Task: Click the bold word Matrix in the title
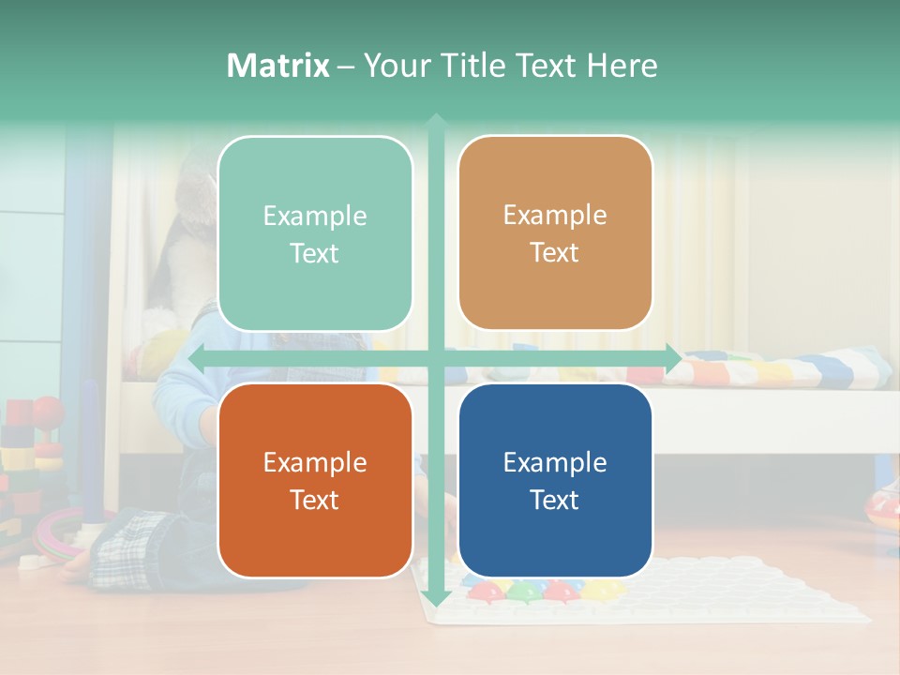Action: (x=277, y=66)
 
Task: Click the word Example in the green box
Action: (x=315, y=217)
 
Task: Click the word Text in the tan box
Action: (x=555, y=253)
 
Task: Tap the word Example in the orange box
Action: (x=315, y=462)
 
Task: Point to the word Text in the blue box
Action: (x=555, y=500)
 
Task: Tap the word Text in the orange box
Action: (x=315, y=500)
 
